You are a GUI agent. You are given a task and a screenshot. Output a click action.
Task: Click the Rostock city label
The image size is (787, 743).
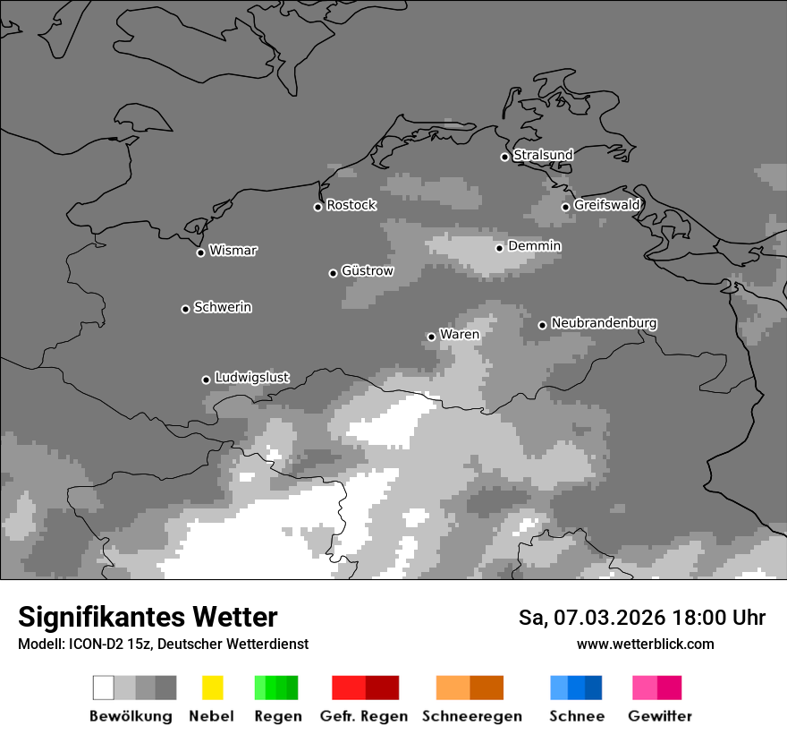(351, 205)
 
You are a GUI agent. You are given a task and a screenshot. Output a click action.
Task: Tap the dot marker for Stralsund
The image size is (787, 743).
(504, 157)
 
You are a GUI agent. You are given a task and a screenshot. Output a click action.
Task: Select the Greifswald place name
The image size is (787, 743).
(606, 205)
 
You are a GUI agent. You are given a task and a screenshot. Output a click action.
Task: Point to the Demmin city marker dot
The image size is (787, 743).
(499, 248)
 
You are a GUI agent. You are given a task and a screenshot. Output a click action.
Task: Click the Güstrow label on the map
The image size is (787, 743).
(367, 270)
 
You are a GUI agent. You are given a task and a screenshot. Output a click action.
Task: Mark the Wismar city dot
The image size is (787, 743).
(200, 252)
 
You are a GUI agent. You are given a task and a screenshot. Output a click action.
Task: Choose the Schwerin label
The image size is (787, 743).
(223, 307)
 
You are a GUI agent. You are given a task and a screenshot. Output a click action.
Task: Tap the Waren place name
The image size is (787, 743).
(460, 335)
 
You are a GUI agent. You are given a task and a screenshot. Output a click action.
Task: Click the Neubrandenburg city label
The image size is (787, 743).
(604, 323)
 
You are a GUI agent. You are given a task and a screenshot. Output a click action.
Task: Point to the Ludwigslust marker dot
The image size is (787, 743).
(206, 380)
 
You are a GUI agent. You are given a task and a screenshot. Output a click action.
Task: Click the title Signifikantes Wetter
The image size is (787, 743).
(148, 617)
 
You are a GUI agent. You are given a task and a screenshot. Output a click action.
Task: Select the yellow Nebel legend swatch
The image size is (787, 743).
(212, 687)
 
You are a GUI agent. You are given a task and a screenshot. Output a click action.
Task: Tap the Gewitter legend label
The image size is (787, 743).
(660, 716)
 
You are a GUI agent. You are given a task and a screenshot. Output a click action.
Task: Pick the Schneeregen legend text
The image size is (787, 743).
(471, 716)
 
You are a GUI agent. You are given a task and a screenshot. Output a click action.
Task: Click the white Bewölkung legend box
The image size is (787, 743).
(103, 687)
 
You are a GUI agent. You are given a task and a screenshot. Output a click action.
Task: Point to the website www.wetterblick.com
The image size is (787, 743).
(645, 644)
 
